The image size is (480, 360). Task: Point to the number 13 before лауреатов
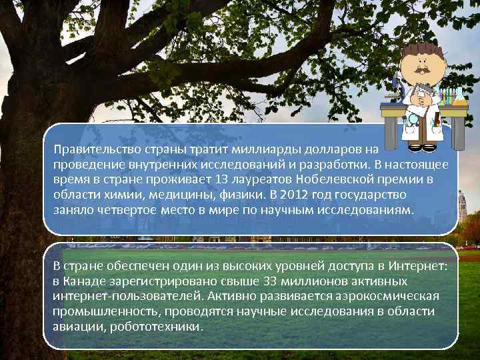(223, 180)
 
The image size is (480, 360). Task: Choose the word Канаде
(88, 281)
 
